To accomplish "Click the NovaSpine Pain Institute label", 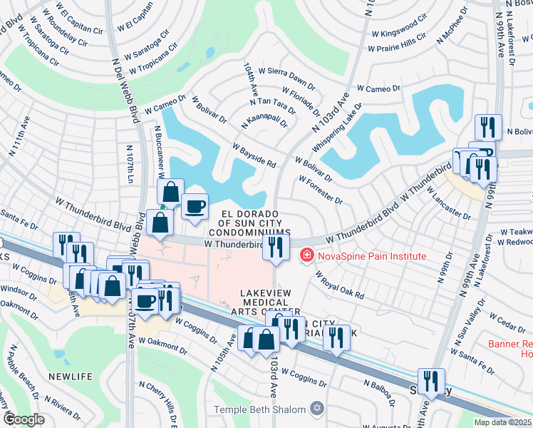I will tap(372, 256).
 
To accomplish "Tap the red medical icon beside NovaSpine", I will tap(307, 255).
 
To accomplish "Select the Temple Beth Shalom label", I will tap(260, 409).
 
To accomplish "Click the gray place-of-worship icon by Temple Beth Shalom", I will tap(317, 409).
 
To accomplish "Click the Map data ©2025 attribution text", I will tap(502, 422).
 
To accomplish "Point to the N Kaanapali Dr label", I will tap(264, 119).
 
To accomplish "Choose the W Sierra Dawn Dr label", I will tap(286, 71).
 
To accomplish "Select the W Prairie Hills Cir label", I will tap(396, 48).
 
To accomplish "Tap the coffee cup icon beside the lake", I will tap(195, 207).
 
